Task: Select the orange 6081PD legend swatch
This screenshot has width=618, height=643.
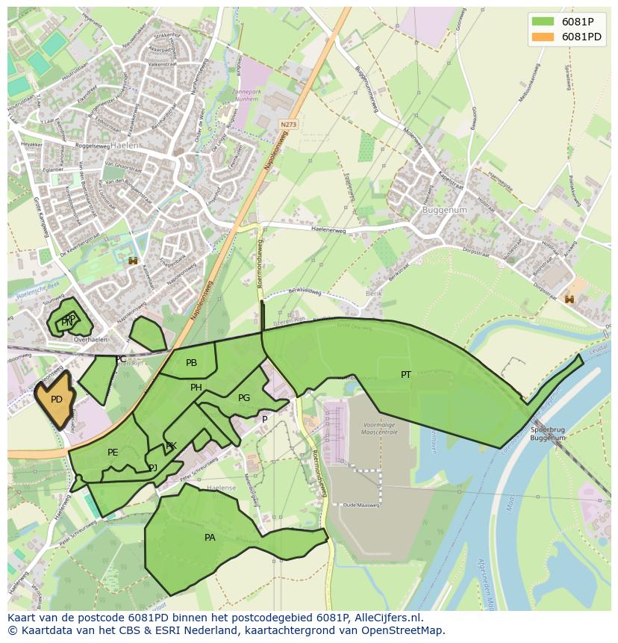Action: pyautogui.click(x=543, y=37)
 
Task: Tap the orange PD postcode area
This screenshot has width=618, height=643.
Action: pyautogui.click(x=56, y=400)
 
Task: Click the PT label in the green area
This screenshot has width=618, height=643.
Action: pyautogui.click(x=406, y=375)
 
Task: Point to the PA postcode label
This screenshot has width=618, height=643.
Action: pyautogui.click(x=210, y=538)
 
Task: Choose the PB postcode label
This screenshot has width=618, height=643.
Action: pyautogui.click(x=192, y=363)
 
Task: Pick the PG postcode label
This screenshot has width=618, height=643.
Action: pyautogui.click(x=244, y=398)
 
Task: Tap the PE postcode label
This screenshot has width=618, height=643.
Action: pyautogui.click(x=113, y=453)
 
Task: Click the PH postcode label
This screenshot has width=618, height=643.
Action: pyautogui.click(x=196, y=388)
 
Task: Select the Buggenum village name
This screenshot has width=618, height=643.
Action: pyautogui.click(x=444, y=211)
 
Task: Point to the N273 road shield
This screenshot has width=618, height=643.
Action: pyautogui.click(x=289, y=124)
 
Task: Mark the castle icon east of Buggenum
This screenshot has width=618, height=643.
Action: pyautogui.click(x=569, y=299)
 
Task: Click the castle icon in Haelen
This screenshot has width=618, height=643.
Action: pyautogui.click(x=134, y=261)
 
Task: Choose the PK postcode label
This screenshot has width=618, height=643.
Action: pyautogui.click(x=171, y=446)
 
